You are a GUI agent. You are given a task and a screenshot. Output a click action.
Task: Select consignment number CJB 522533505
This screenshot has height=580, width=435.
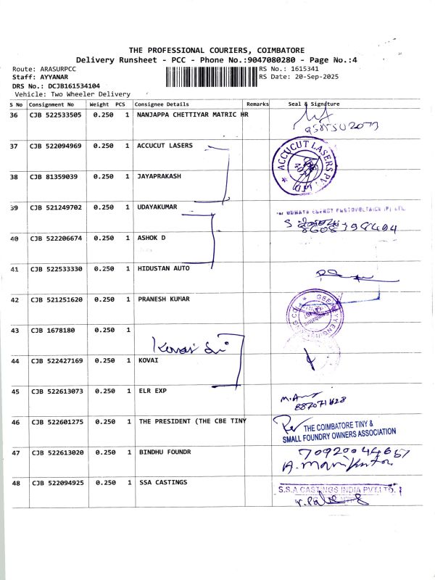pyautogui.click(x=56, y=115)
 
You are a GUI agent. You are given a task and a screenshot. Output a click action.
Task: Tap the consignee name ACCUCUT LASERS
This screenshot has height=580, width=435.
pyautogui.click(x=165, y=146)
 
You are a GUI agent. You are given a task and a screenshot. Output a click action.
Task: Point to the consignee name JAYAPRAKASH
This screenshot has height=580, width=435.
pyautogui.click(x=159, y=177)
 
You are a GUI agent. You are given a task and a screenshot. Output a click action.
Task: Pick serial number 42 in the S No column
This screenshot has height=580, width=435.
pyautogui.click(x=14, y=299)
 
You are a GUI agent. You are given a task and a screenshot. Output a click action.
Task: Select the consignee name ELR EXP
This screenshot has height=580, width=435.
pyautogui.click(x=152, y=391)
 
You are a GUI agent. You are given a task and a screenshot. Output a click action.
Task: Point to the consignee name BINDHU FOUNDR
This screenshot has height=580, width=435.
pyautogui.click(x=164, y=452)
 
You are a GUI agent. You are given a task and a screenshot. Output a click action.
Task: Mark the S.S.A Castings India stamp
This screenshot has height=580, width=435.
pyautogui.click(x=339, y=491)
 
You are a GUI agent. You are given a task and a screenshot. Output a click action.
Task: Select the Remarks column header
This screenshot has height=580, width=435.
pyautogui.click(x=257, y=104)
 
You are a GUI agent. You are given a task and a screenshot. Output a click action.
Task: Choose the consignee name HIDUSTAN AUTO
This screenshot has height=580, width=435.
pyautogui.click(x=163, y=268)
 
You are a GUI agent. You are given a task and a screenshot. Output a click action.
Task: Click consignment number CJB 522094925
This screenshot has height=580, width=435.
pyautogui.click(x=56, y=482)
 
